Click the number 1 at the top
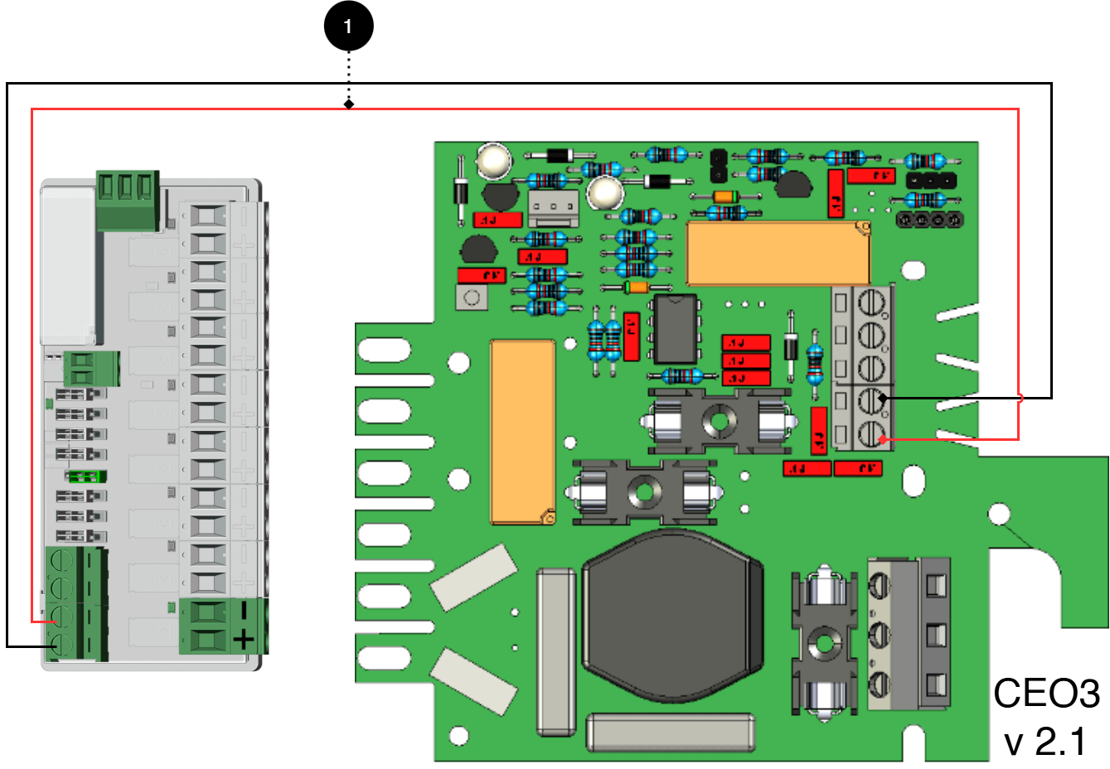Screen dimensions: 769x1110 tap(347, 27)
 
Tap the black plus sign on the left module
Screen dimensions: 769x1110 tap(243, 639)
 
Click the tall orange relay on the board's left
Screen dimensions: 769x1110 tap(522, 432)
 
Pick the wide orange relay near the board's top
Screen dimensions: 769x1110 tap(778, 254)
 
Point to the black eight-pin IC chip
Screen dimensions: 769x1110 tap(675, 329)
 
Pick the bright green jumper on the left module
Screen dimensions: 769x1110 tap(84, 476)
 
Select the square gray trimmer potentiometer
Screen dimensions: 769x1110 tap(471, 297)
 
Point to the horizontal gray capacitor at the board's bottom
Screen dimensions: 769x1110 tap(671, 733)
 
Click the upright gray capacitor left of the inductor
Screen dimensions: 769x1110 tap(555, 651)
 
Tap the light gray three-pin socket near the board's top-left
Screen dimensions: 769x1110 tap(552, 208)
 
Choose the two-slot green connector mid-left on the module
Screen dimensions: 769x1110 tap(91, 368)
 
